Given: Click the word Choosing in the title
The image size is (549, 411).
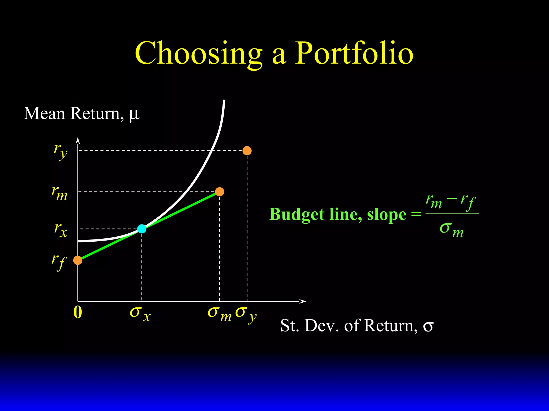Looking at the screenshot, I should point(198,54).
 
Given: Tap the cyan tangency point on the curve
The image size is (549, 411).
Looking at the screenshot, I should point(142,229).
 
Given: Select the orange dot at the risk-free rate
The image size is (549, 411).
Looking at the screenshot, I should point(78,260).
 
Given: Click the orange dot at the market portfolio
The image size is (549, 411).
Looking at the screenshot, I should point(220,192).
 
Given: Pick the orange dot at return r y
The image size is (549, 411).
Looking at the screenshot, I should point(247,151).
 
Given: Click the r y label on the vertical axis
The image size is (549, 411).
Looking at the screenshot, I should point(60,151).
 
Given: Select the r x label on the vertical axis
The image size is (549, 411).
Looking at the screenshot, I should point(61,230).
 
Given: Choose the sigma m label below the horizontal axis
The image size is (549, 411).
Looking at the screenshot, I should point(219,314).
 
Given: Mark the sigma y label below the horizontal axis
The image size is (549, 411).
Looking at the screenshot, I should point(246,314).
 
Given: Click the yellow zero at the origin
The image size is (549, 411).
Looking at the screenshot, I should point(77,312).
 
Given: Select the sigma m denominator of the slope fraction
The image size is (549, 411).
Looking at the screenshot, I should point(452,230).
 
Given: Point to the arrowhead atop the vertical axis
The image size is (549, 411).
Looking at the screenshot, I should point(78,140).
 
